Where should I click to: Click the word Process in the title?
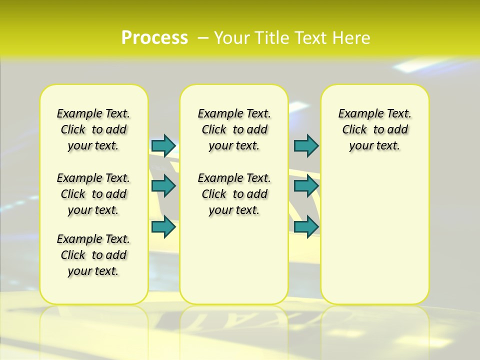coord(154,38)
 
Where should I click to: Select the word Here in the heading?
coord(349,38)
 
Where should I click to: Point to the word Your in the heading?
coord(233,38)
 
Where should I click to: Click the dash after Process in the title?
coord(203,38)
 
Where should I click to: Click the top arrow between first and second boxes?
coord(163,145)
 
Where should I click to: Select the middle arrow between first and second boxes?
coord(163,186)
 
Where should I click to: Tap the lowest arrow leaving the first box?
coord(163,227)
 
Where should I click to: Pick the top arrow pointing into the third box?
coord(306,145)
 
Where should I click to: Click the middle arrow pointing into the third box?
coord(306,186)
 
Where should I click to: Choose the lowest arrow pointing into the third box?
coord(306,227)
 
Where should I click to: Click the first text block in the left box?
coord(93,129)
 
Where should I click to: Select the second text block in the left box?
coord(93,194)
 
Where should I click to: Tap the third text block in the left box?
coord(93,255)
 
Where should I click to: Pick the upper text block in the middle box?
coord(234,129)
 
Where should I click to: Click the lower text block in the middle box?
coord(234,194)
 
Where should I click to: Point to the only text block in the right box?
coord(374,129)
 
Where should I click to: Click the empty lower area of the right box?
coord(374,235)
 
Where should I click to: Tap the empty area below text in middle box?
coord(234,260)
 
